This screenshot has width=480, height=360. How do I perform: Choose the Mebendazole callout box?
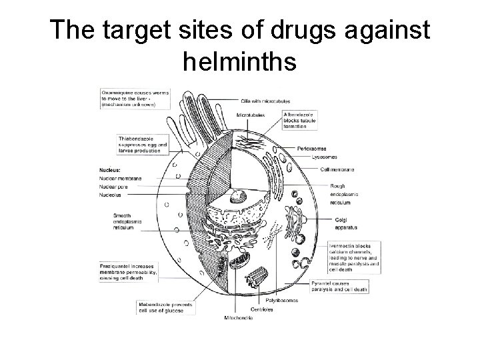click(x=165, y=307)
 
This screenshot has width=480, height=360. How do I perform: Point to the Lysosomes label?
click(x=329, y=157)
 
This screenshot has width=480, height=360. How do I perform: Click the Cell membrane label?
click(x=337, y=169)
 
